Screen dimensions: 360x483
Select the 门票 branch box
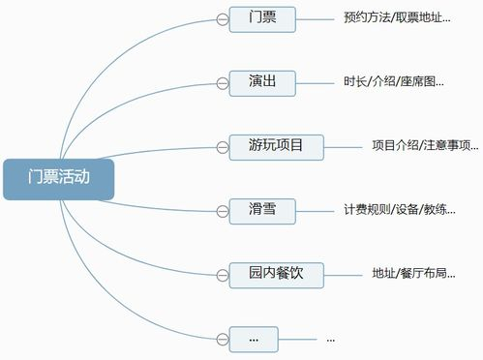point(261,18)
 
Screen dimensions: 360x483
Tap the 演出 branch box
point(261,82)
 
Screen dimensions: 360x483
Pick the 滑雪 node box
point(261,209)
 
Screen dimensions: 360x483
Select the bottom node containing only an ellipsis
point(254,339)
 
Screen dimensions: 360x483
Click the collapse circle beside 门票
point(222,18)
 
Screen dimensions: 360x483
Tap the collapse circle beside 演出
point(222,83)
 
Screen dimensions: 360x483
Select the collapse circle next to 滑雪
point(222,210)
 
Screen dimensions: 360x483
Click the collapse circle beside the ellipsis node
point(222,339)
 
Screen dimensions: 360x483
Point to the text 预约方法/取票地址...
point(396,18)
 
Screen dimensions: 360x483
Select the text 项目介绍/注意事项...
point(425,147)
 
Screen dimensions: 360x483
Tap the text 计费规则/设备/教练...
point(399,210)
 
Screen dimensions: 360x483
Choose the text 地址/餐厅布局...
point(413,274)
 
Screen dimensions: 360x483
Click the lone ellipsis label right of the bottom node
point(331,340)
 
